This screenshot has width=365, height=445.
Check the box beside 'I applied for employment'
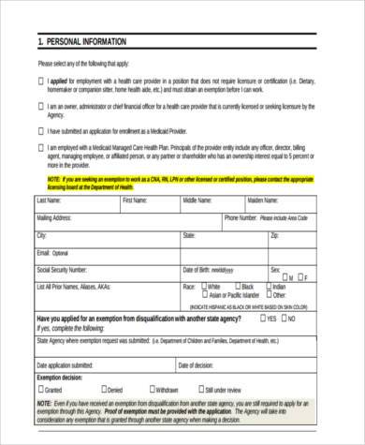click(x=42, y=82)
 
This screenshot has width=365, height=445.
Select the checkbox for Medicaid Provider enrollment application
click(x=42, y=131)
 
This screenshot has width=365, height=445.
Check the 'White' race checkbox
click(x=202, y=286)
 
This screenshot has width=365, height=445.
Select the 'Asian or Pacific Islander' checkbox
click(x=202, y=296)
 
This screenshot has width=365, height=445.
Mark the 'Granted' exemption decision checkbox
click(x=42, y=388)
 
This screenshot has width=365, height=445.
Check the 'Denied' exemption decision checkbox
click(x=104, y=388)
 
